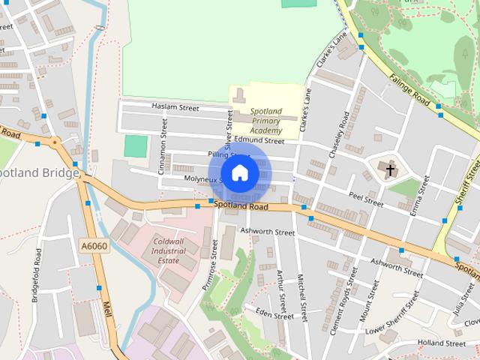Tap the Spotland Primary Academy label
point(265,120)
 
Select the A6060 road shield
point(89,244)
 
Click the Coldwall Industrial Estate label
point(168,250)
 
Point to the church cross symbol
point(390,170)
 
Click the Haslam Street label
point(175,108)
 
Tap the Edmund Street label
point(259,140)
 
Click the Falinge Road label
point(409,89)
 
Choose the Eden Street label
point(274,313)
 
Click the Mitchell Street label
point(303,297)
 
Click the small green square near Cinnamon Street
point(136,146)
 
